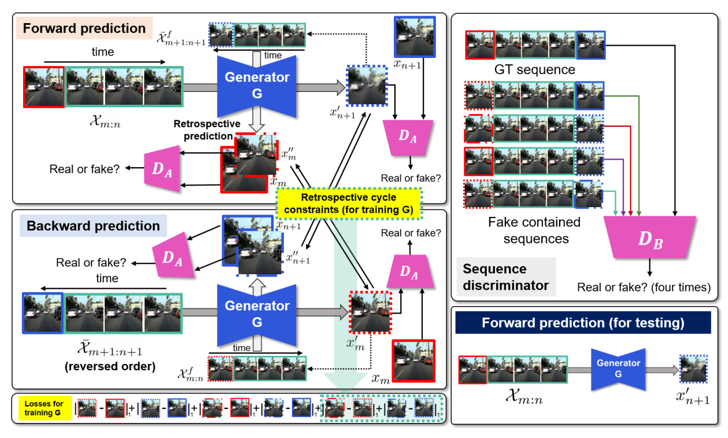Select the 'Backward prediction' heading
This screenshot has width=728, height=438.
(x=94, y=226)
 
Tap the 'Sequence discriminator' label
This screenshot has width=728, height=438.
(x=502, y=277)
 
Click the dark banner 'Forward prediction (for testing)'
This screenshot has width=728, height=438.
(x=583, y=323)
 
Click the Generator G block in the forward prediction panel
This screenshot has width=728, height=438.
(x=257, y=84)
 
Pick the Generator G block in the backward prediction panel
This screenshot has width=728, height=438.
(x=257, y=312)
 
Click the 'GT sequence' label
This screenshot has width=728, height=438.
(x=535, y=70)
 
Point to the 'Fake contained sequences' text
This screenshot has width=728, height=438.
(x=534, y=230)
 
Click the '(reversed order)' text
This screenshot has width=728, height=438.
(x=117, y=366)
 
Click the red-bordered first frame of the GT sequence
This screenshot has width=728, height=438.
(x=479, y=45)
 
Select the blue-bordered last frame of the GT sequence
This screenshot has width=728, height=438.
(x=590, y=45)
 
